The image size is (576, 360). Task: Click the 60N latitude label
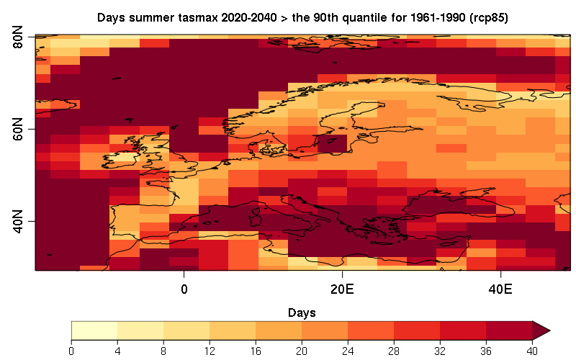20,130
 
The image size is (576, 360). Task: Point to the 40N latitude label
20,222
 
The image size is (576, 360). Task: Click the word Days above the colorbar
301,313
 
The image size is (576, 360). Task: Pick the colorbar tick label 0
72,351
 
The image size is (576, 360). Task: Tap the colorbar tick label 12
210,351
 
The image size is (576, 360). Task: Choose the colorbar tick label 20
302,351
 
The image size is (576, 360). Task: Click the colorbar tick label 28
394,351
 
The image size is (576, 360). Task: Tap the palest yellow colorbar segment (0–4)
94,330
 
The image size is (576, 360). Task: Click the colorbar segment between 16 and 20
279,330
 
